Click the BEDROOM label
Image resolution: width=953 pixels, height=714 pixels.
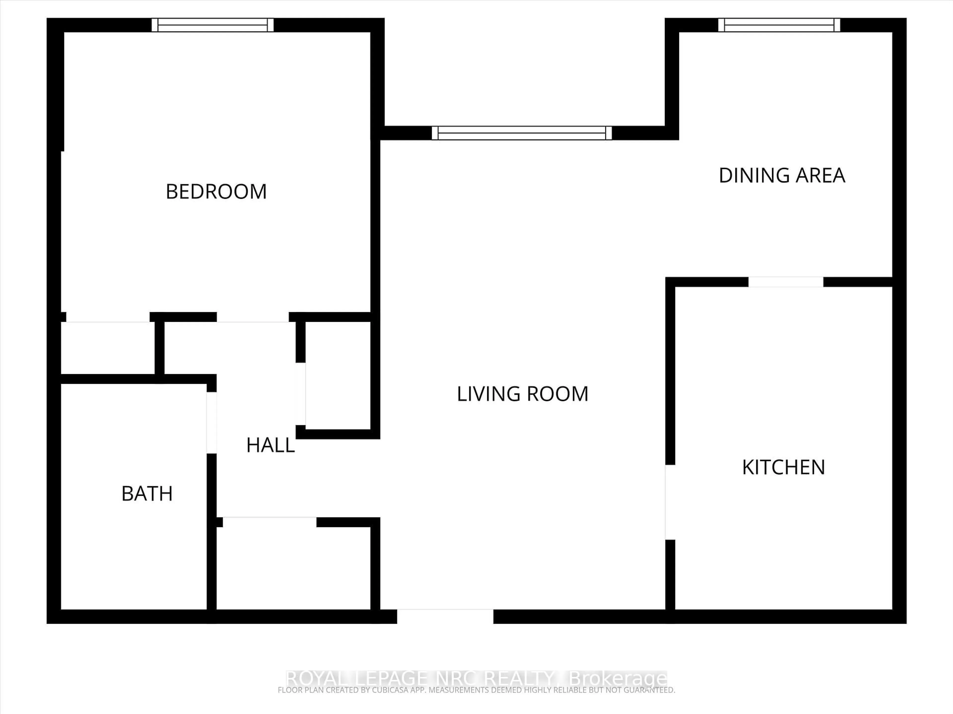tap(216, 192)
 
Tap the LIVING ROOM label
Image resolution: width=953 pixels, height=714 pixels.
tap(522, 394)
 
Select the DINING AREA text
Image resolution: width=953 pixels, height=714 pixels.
tap(782, 175)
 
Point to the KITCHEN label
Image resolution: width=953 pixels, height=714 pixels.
tap(783, 467)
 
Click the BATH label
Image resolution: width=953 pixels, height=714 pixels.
tap(147, 494)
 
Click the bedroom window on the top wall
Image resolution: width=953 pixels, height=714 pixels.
tap(213, 25)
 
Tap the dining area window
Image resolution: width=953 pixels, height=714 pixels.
tap(779, 25)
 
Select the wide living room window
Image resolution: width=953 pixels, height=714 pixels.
tap(522, 133)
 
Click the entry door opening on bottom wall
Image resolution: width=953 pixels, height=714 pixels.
tap(445, 616)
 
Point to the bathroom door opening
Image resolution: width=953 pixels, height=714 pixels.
tap(211, 423)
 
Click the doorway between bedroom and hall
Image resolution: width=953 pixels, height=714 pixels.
tap(252, 317)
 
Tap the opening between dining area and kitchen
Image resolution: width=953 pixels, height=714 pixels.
tap(785, 282)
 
